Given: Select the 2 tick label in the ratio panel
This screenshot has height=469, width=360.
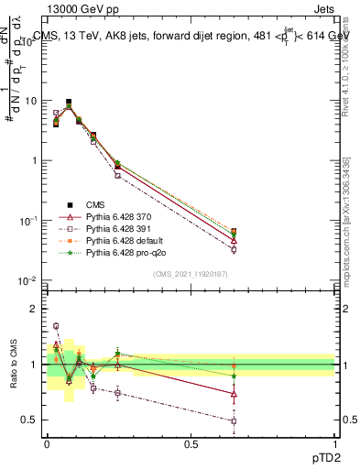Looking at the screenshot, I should pos(34,310).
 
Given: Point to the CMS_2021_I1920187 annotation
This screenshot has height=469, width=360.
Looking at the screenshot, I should pos(190,273).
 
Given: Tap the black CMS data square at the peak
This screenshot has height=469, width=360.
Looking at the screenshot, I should pos(69,102).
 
